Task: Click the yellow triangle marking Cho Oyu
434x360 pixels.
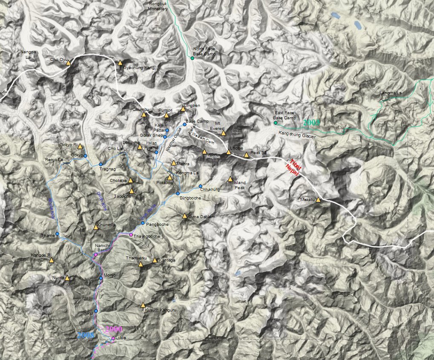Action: click(68, 63)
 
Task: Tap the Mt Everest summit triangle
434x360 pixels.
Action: click(224, 133)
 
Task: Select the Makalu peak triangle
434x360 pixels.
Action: click(318, 199)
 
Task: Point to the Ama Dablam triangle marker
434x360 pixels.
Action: click(185, 216)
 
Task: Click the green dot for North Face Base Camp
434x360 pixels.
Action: click(192, 58)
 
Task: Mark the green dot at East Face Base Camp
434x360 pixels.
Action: click(275, 123)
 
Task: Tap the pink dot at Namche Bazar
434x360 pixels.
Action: click(95, 254)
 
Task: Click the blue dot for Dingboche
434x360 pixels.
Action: click(178, 193)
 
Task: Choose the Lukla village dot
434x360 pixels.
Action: click(113, 338)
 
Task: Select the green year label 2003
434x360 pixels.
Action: click(311, 123)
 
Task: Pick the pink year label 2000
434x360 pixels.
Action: click(114, 329)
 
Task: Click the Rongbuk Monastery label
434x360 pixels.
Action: click(158, 6)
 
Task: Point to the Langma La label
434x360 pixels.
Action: click(391, 93)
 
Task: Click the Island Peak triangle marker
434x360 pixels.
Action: click(230, 179)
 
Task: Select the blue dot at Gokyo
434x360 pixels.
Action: click(85, 156)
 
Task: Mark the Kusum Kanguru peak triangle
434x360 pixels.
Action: click(143, 305)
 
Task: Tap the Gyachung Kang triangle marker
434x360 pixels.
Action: click(120, 63)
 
